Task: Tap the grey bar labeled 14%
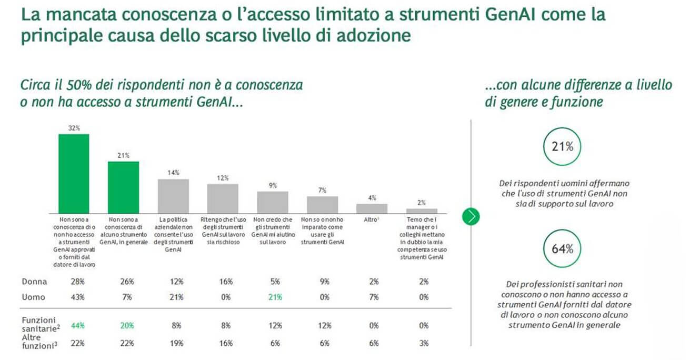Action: click(x=173, y=195)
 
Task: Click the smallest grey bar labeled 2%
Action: click(x=422, y=210)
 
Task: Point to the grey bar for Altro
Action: click(x=372, y=208)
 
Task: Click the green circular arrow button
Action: click(x=471, y=216)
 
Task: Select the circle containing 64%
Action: click(x=562, y=249)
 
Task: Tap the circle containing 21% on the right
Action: click(x=562, y=147)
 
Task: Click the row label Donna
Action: click(x=34, y=282)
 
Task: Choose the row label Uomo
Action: click(x=33, y=297)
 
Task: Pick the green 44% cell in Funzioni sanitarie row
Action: click(x=78, y=325)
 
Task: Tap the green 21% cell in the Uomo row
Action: click(x=274, y=297)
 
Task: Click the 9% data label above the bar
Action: click(x=272, y=185)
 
